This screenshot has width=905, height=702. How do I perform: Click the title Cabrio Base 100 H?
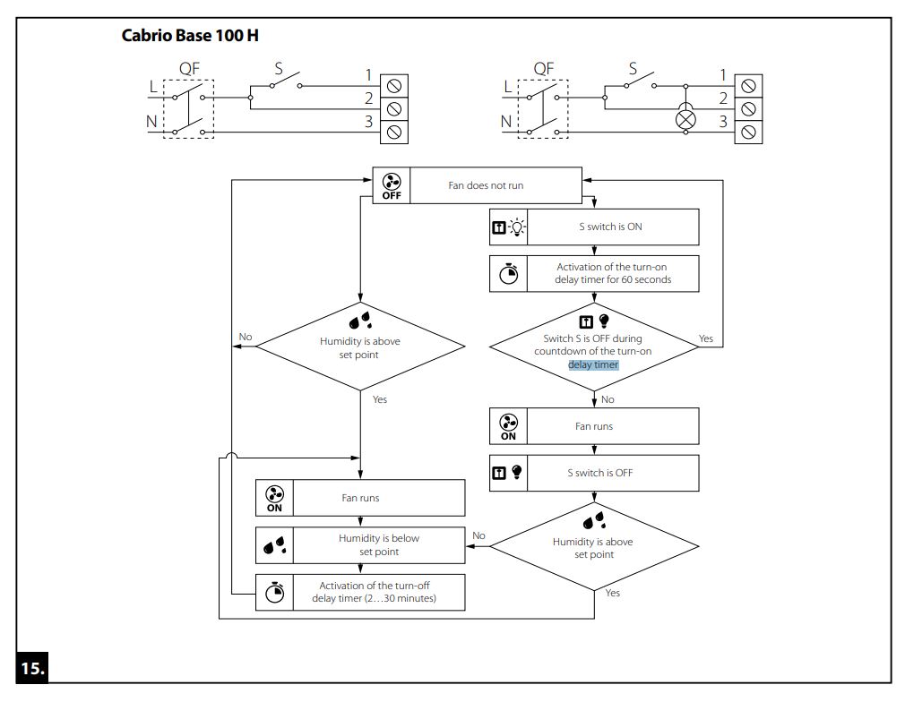tap(190, 36)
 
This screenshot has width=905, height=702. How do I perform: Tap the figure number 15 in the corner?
tap(32, 668)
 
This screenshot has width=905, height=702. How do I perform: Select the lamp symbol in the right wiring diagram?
tap(685, 120)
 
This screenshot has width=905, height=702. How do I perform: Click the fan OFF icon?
tap(392, 185)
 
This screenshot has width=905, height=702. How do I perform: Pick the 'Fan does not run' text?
tap(486, 185)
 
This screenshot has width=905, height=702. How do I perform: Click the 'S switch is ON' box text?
tap(610, 227)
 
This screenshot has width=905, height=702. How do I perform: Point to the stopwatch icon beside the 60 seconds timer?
tap(508, 273)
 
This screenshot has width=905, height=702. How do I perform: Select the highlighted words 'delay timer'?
tap(593, 364)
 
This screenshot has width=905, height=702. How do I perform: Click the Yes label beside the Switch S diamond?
tap(706, 338)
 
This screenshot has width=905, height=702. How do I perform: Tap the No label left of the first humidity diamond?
tap(246, 337)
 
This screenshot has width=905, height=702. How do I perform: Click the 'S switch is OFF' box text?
tap(600, 473)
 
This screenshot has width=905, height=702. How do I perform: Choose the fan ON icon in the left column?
tap(275, 499)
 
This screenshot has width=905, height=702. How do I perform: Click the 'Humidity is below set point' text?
tap(379, 544)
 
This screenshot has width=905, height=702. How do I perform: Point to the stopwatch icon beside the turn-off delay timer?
tap(275, 593)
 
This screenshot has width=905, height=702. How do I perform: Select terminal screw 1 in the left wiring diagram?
tap(394, 86)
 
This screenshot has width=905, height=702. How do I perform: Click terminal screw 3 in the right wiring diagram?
tap(748, 133)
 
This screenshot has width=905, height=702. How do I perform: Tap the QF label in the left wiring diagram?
tap(189, 69)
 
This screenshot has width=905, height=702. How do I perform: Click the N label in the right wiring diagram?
tap(506, 122)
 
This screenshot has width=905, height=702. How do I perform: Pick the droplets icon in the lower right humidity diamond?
tap(594, 521)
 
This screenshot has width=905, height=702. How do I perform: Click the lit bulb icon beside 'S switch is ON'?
tap(517, 227)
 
